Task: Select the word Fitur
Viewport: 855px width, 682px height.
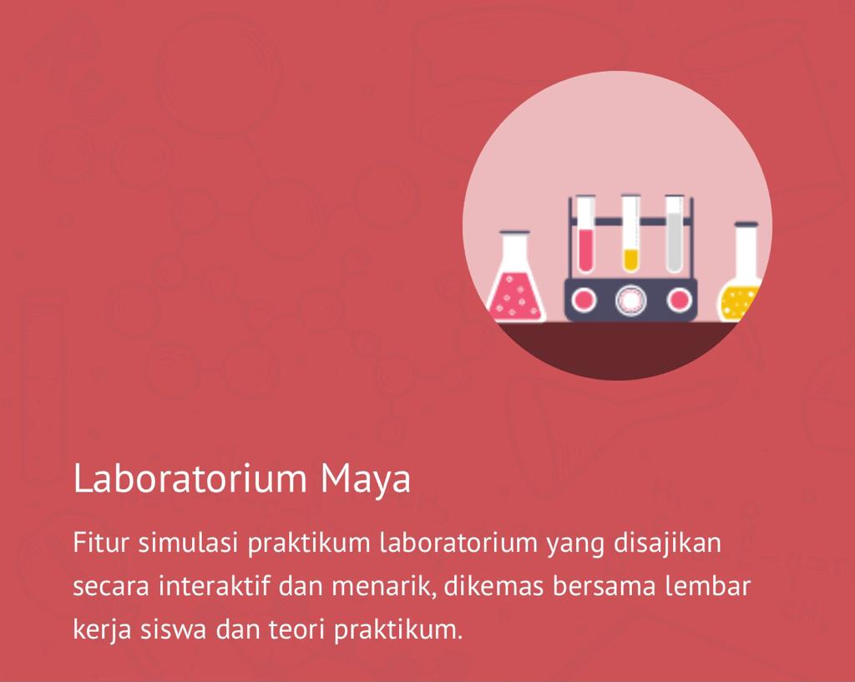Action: [x=100, y=543]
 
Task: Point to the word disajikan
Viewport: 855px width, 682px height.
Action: [x=667, y=543]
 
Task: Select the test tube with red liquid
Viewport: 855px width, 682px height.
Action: [x=586, y=238]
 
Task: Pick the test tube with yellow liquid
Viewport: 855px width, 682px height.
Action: [x=630, y=238]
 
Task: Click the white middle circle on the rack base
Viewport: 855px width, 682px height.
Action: [x=631, y=300]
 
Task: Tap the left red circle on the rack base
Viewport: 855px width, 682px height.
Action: [x=584, y=300]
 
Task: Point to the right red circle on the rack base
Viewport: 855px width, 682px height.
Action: [x=678, y=300]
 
